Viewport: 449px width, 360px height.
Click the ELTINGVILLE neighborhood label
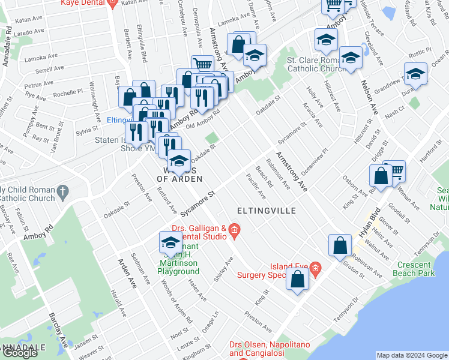267,211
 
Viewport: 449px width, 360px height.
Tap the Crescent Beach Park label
414,269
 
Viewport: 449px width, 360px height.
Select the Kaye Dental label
83,3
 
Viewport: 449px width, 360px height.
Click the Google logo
20,353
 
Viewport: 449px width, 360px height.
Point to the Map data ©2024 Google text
412,355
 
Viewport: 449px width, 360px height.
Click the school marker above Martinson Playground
170,243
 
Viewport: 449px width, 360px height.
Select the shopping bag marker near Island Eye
298,279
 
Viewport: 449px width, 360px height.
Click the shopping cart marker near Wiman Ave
395,172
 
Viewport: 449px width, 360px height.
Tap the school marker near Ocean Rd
414,74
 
